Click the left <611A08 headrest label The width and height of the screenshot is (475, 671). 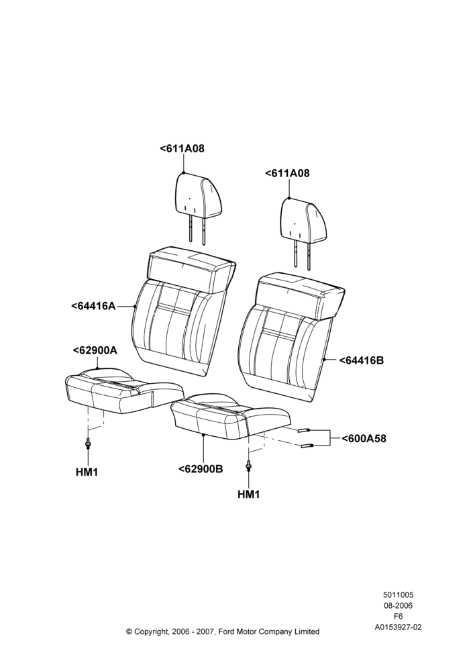click(182, 148)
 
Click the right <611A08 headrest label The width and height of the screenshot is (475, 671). click(287, 173)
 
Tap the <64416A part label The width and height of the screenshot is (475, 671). click(93, 306)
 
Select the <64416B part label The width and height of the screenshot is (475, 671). click(362, 360)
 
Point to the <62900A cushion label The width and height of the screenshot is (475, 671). click(95, 350)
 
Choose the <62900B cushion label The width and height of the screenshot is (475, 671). click(201, 469)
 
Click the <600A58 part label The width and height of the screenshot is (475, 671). click(364, 439)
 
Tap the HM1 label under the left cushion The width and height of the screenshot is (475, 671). click(87, 472)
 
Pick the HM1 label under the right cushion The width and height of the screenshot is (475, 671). click(249, 495)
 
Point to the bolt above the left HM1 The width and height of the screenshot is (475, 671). click(88, 444)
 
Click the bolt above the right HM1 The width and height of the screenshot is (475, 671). click(248, 466)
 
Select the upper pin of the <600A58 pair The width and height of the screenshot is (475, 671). click(305, 430)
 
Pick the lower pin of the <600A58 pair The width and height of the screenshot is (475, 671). click(308, 446)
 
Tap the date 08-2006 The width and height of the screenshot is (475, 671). click(398, 605)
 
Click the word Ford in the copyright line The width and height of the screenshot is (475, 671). click(227, 631)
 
